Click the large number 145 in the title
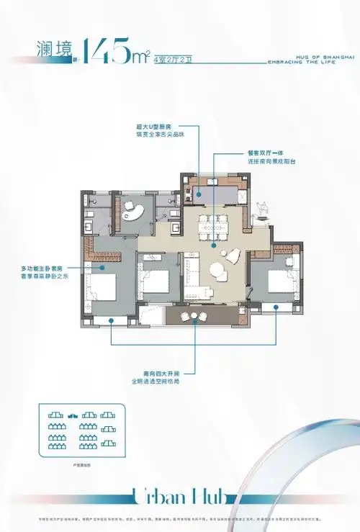pos(112,50)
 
